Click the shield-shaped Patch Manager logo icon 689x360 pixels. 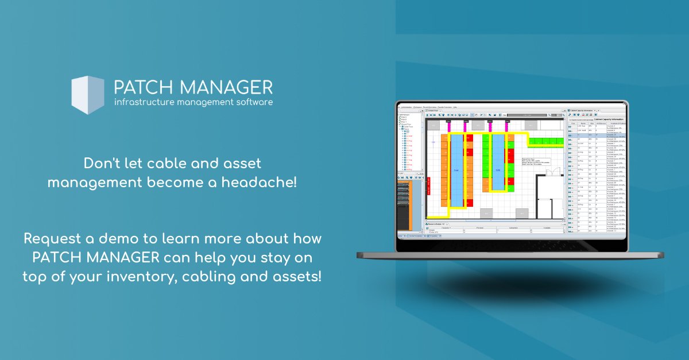point(87,95)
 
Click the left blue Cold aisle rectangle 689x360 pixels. point(456,171)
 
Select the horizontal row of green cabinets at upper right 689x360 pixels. point(546,141)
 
